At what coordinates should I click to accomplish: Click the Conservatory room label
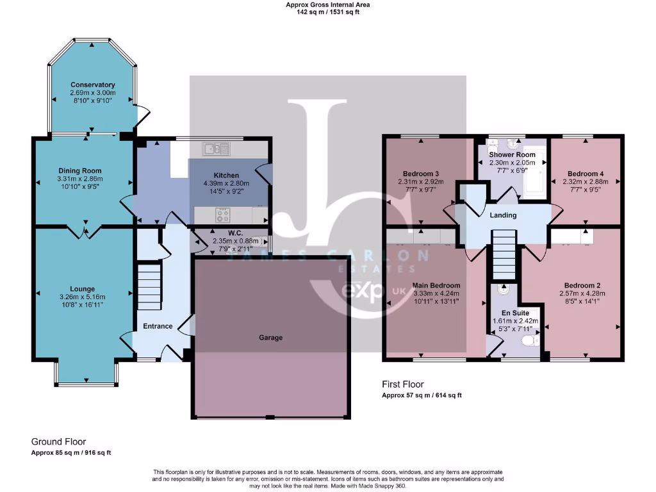[x=93, y=85]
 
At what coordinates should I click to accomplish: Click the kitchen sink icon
[x=217, y=149]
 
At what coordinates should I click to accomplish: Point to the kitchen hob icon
[x=222, y=215]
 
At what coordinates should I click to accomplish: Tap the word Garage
[x=270, y=338]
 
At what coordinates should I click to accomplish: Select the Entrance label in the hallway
[x=158, y=326]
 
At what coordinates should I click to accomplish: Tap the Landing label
[x=503, y=215]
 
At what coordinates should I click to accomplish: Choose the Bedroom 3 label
[x=421, y=174]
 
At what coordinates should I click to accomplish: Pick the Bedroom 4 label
[x=585, y=174]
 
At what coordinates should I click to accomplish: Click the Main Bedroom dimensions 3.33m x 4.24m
[x=436, y=293]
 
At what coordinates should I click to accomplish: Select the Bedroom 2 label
[x=582, y=285]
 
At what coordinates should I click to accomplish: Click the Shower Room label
[x=512, y=154]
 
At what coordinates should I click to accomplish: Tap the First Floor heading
[x=402, y=385]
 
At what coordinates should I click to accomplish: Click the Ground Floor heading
[x=58, y=441]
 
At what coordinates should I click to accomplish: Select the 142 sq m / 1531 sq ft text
[x=327, y=12]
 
